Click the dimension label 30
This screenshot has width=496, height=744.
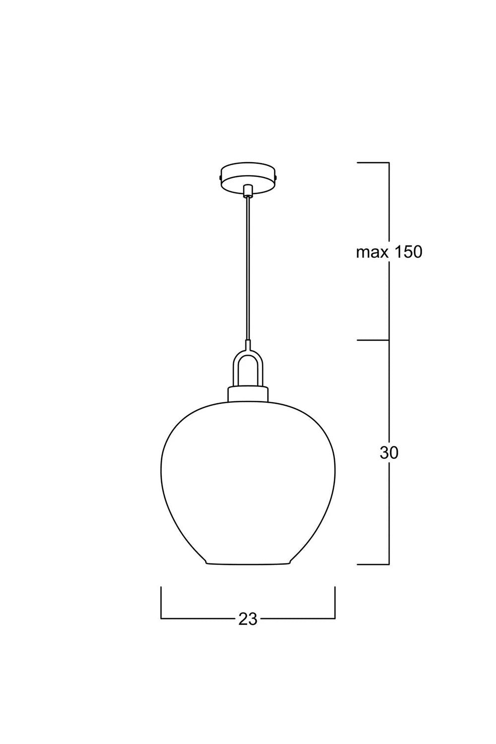389,452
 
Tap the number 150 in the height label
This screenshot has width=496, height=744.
409,252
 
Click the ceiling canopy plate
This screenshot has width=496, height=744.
248,178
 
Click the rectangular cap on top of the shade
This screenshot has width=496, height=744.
248,394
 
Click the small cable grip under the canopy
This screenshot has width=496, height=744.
248,190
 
